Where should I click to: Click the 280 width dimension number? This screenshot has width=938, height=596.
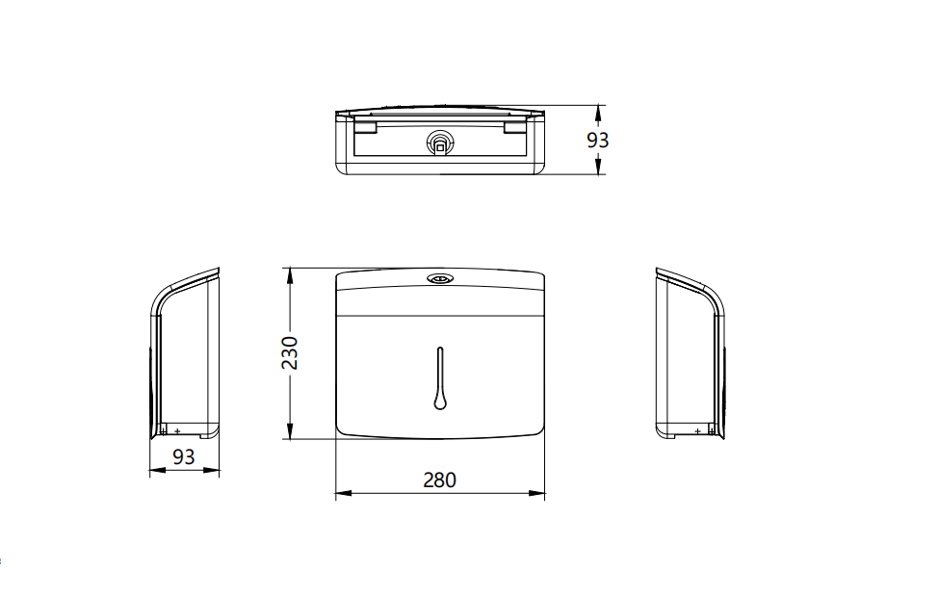pyautogui.click(x=439, y=479)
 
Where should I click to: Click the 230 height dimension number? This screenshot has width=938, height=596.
pyautogui.click(x=290, y=353)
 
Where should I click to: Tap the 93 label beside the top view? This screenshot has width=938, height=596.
pyautogui.click(x=598, y=140)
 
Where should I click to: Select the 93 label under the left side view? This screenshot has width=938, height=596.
pyautogui.click(x=183, y=456)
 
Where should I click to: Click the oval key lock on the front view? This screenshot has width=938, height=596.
pyautogui.click(x=440, y=280)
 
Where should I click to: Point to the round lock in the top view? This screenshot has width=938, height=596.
pyautogui.click(x=439, y=143)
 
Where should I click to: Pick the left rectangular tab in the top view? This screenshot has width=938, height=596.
pyautogui.click(x=365, y=125)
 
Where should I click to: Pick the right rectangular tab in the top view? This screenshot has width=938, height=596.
pyautogui.click(x=515, y=125)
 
